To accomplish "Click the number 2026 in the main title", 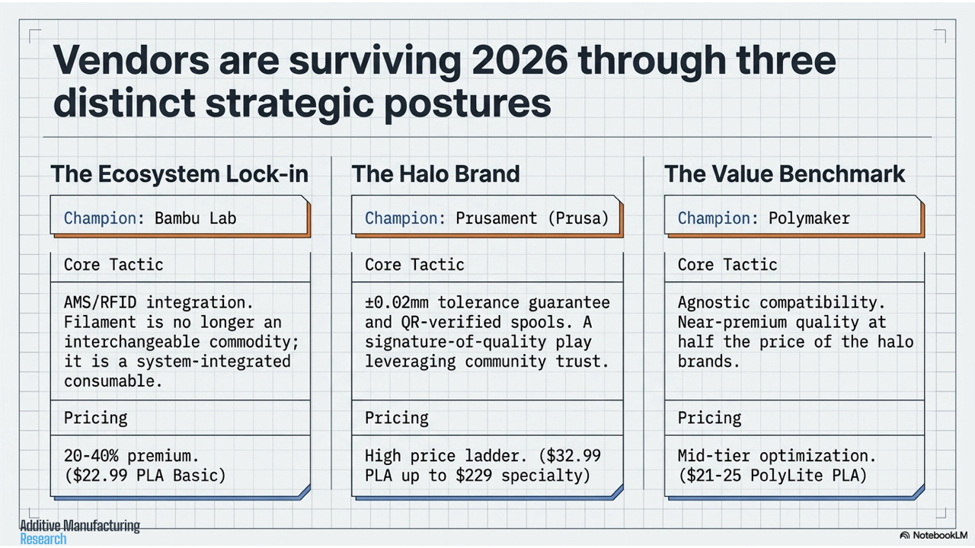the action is [519, 60].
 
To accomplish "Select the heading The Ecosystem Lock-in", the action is [179, 174].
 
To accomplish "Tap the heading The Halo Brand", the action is [436, 174].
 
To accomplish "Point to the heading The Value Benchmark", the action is [785, 174].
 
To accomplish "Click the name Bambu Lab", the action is [196, 218].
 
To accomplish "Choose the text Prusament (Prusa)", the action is [532, 218].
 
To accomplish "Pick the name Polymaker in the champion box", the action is [809, 218].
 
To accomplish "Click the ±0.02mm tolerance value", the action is [397, 302].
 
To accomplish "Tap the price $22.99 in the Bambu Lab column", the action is [100, 476].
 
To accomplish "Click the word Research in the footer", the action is [43, 540].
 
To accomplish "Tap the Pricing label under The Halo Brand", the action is [397, 418].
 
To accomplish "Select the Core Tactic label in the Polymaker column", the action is [727, 264].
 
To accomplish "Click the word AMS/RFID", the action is [100, 302].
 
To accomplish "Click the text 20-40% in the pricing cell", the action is [91, 456].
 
